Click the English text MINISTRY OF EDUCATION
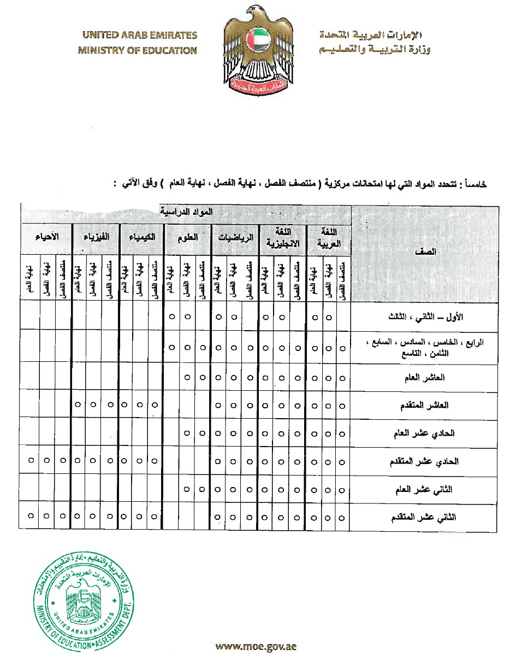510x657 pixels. [137, 51]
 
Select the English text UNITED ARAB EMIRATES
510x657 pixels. [139, 36]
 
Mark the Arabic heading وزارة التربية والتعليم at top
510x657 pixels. [376, 51]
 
